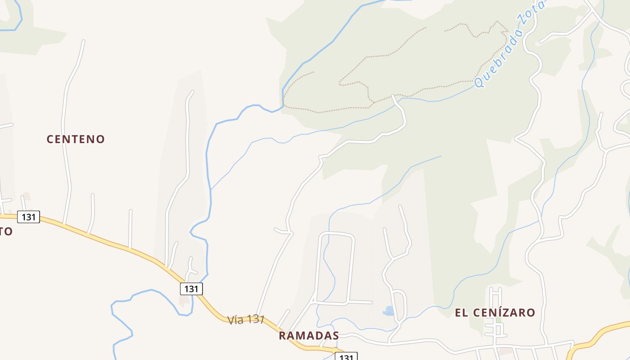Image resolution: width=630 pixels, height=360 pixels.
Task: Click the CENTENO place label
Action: click(x=76, y=139)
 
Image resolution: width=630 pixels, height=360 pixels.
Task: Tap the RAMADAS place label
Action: click(x=309, y=336)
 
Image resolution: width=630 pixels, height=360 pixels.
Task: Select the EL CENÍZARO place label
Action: click(x=495, y=313)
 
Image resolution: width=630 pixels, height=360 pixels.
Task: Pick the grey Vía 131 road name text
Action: click(x=245, y=320)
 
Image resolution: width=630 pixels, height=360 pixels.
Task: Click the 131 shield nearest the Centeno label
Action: click(x=29, y=217)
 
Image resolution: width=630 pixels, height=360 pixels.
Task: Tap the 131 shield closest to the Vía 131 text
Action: click(x=191, y=288)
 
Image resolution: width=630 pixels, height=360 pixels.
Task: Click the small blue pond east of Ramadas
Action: click(x=388, y=310)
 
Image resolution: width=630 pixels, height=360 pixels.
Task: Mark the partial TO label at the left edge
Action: click(x=6, y=232)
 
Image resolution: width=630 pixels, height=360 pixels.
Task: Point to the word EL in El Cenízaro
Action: click(x=462, y=313)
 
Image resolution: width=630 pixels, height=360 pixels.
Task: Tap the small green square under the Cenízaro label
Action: click(x=498, y=320)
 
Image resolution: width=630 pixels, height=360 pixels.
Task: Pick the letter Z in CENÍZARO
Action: click(x=504, y=313)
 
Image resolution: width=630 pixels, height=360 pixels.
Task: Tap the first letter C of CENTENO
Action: click(x=50, y=139)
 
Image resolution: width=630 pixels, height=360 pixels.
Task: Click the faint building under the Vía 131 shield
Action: click(x=184, y=300)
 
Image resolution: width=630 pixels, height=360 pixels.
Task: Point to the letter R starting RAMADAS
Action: click(x=282, y=336)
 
